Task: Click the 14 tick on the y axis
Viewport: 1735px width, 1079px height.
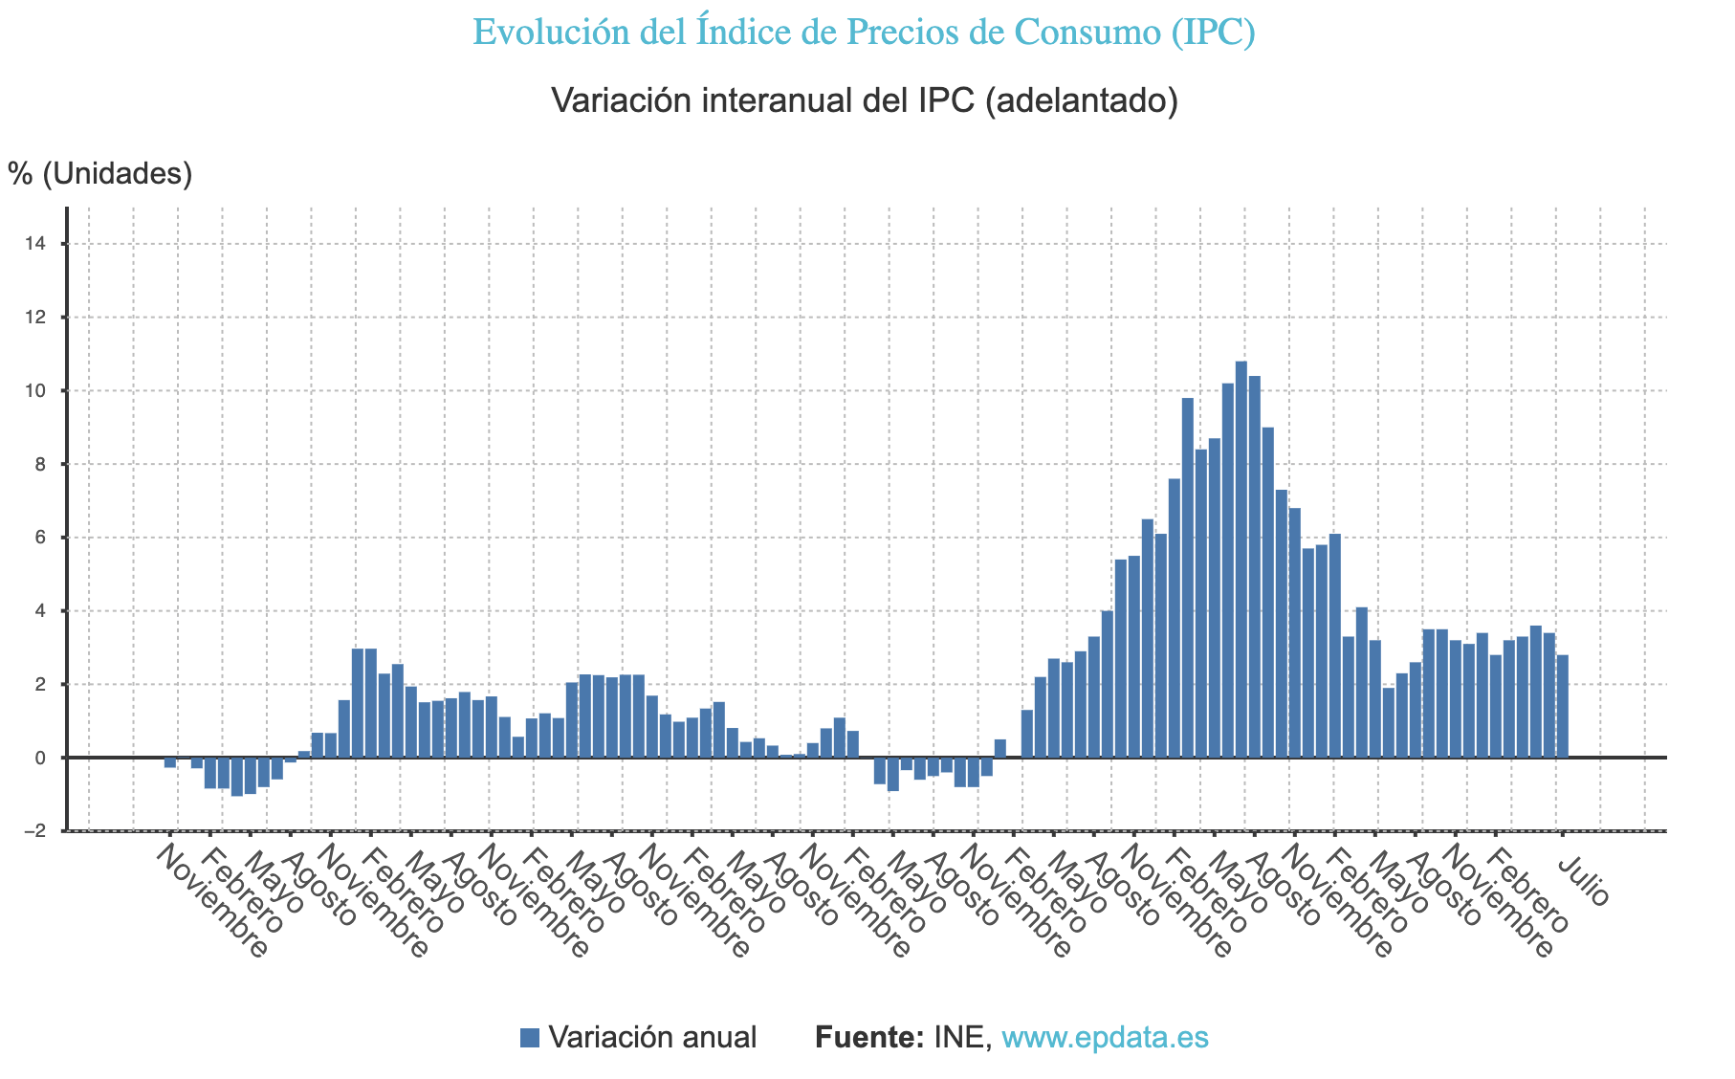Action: point(35,245)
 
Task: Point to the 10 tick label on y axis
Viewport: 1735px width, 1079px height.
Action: point(35,391)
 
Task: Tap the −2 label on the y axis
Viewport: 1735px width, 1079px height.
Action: point(33,831)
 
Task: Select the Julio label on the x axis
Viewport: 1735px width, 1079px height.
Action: point(1584,881)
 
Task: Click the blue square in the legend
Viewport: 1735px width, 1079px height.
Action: point(530,1038)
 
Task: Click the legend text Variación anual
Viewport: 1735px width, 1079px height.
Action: point(652,1038)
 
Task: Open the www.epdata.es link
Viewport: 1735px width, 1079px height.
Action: point(1105,1038)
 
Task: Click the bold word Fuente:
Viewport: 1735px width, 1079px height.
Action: point(868,1038)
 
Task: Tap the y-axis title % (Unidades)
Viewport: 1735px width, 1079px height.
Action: point(100,173)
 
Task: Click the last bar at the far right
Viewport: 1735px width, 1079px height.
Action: point(1562,706)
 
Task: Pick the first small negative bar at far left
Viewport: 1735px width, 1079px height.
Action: point(169,762)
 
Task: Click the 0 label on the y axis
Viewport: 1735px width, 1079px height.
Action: point(39,758)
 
